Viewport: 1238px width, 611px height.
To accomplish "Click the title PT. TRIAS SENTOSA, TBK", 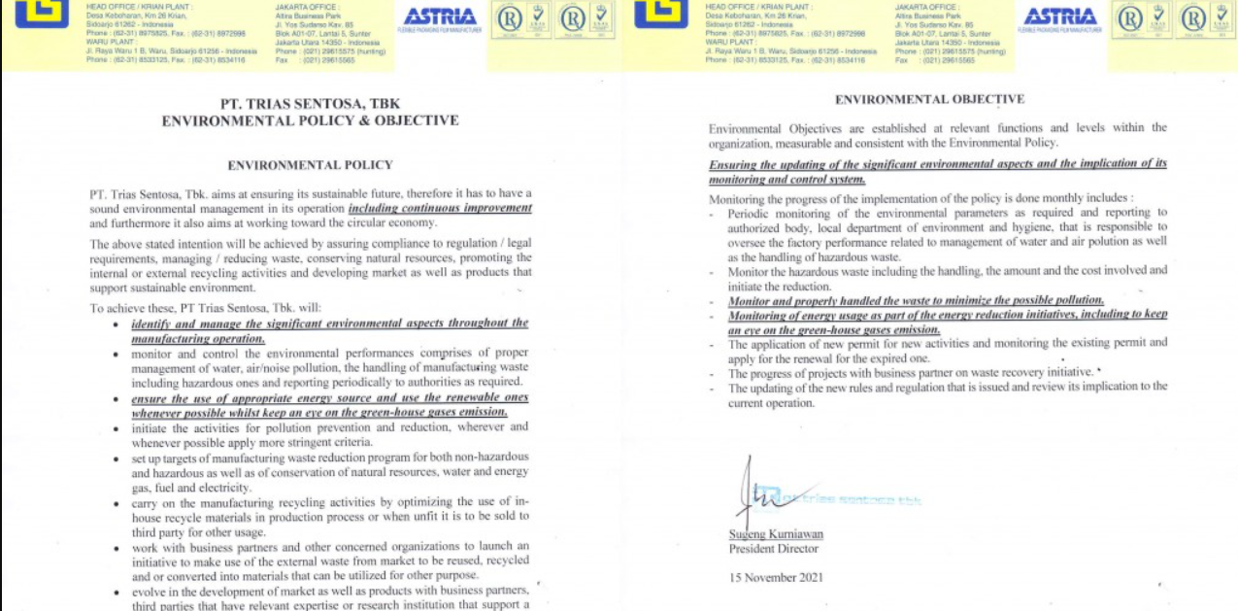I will coord(310,104).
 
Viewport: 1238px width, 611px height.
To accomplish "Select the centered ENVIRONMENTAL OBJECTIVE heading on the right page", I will coord(929,99).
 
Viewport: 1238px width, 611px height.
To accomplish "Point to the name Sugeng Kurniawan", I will coord(776,534).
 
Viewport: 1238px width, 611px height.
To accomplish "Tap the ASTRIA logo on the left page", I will coord(439,17).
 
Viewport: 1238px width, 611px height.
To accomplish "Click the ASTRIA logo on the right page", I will coord(1059,17).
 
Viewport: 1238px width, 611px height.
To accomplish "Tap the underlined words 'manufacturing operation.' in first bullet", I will coord(198,339).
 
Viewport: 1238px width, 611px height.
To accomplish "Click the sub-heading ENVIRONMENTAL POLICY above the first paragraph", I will coord(310,165).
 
